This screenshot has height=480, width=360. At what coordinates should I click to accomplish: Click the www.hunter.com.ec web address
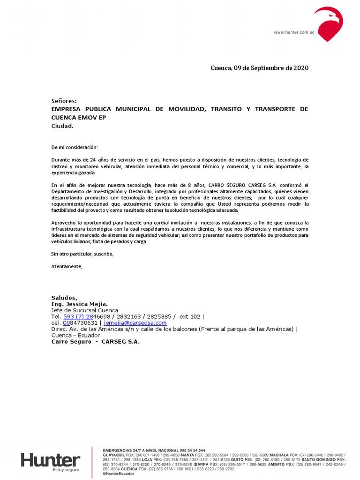point(293,32)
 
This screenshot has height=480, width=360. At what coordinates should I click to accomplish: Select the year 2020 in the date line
point(301,68)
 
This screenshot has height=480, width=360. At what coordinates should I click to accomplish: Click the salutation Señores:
point(64,101)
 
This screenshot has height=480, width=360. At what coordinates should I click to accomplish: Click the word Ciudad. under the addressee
point(62,126)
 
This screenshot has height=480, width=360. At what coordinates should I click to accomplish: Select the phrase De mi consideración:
point(75,147)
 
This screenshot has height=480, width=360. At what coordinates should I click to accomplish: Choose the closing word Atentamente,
point(67,267)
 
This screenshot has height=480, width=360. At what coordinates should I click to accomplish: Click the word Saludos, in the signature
point(64,298)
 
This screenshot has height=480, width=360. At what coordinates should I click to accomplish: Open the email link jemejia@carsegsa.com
point(135,323)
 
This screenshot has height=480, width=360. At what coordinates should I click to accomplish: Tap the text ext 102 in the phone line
point(190,316)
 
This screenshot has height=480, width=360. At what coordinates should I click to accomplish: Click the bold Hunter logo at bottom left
point(50,460)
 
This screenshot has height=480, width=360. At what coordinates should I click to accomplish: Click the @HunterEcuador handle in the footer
point(118,473)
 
